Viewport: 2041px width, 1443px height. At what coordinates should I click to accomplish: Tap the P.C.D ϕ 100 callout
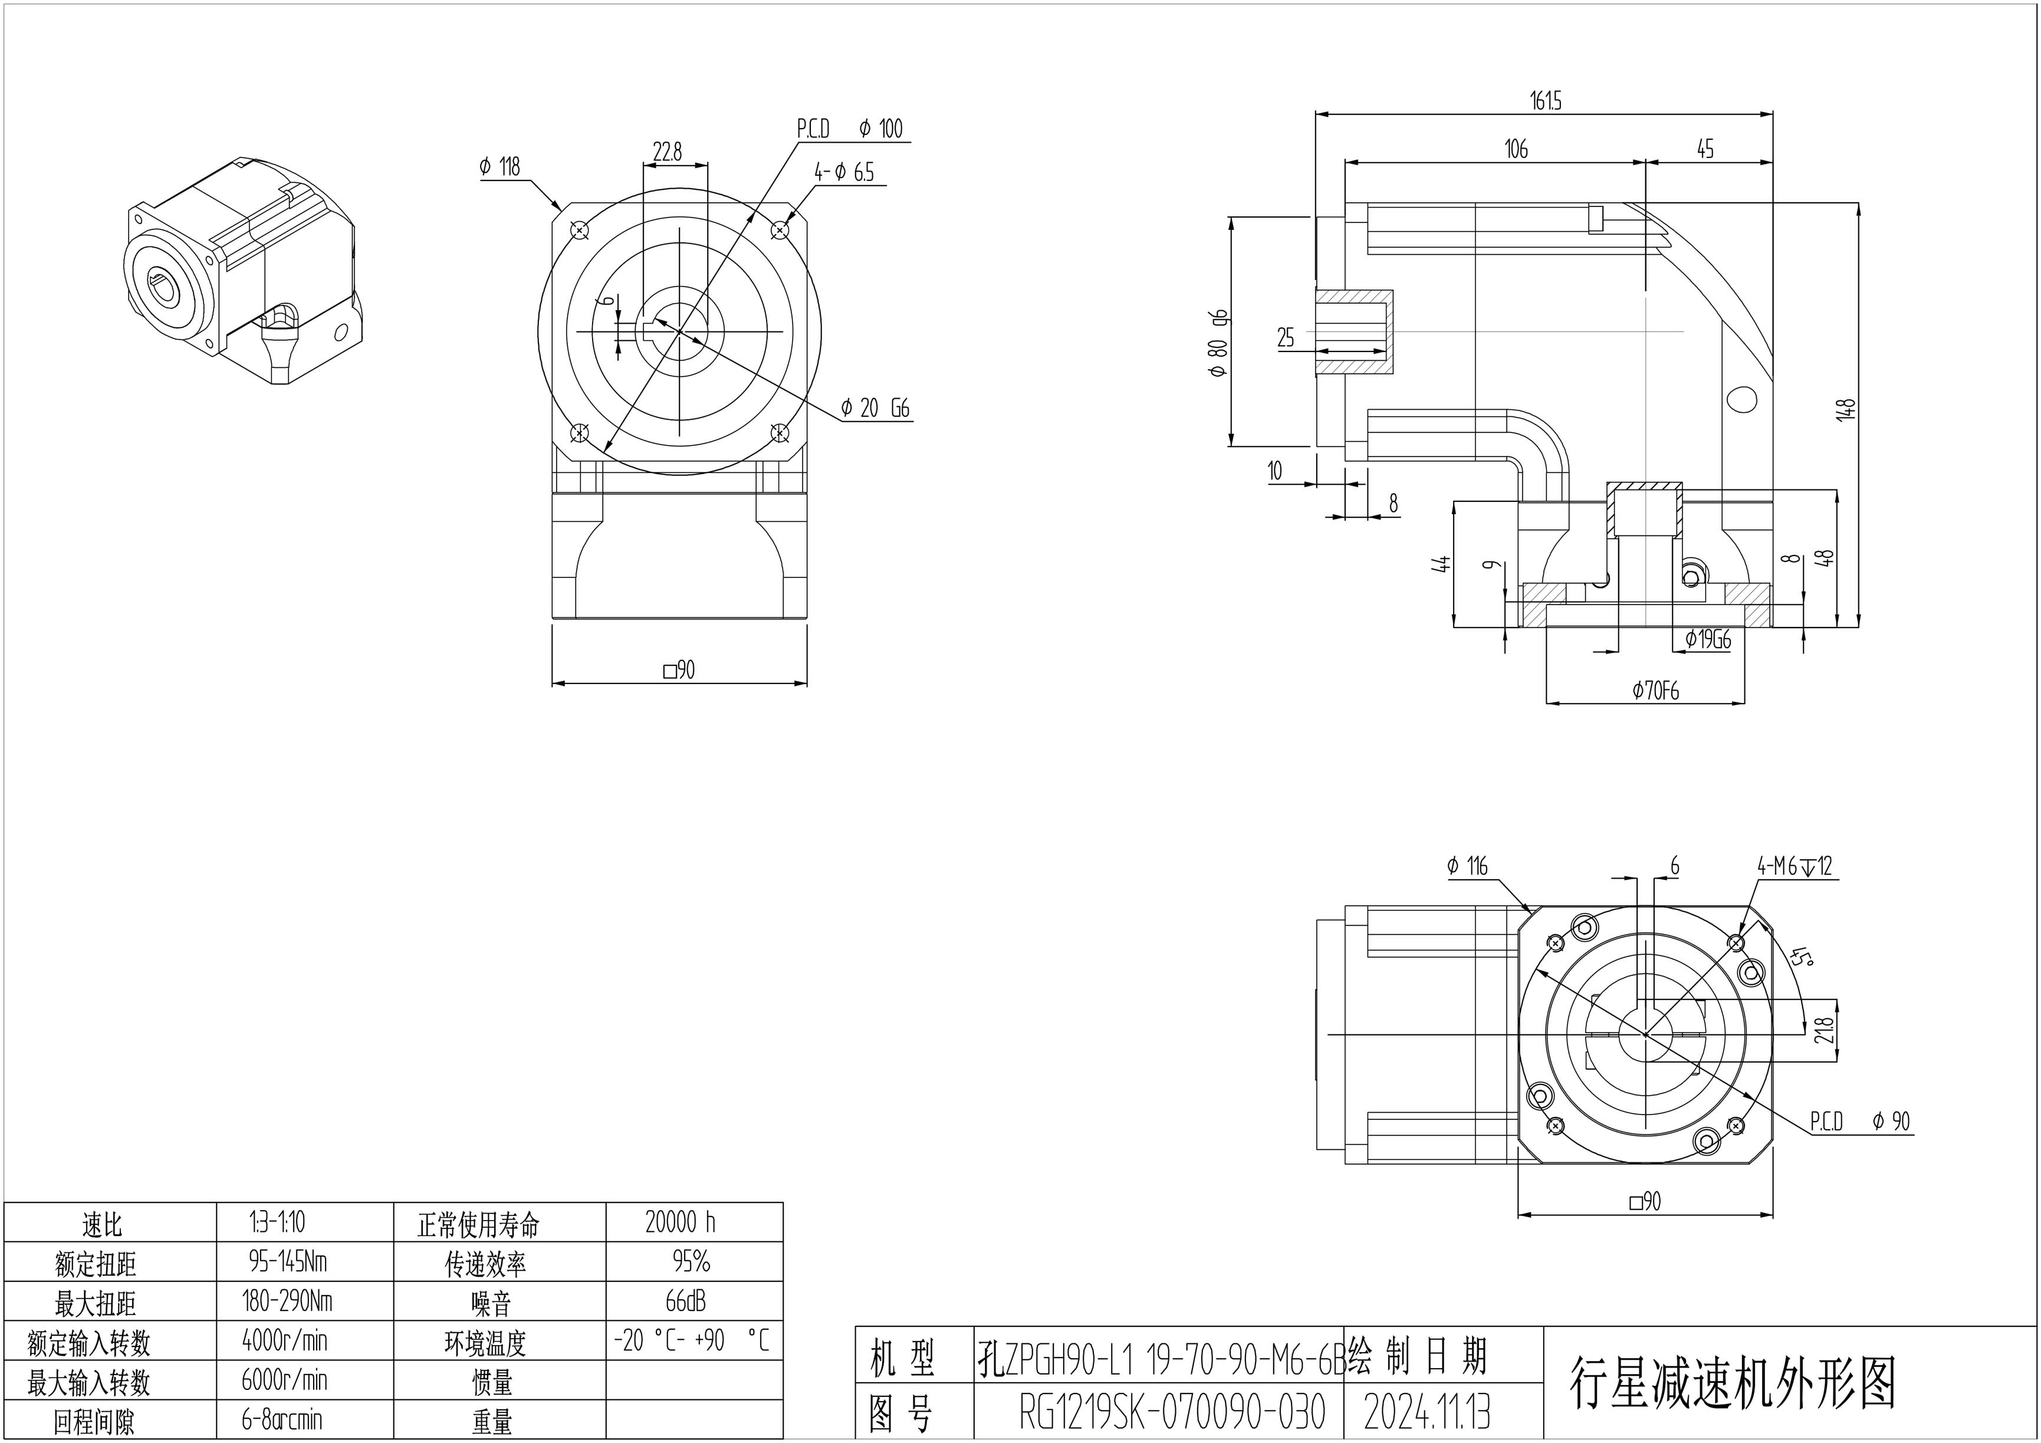pyautogui.click(x=849, y=129)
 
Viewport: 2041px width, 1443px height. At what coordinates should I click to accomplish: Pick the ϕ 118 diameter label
pyautogui.click(x=499, y=166)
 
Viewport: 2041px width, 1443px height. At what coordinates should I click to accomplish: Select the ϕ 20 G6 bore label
pyautogui.click(x=876, y=408)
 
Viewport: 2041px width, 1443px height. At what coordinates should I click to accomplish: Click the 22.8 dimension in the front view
pyautogui.click(x=667, y=152)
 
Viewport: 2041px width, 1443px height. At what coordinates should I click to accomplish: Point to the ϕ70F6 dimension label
pyautogui.click(x=1655, y=690)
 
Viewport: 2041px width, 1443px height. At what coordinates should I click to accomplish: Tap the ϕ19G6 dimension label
pyautogui.click(x=1708, y=639)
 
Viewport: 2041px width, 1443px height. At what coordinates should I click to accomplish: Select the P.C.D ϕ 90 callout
pyautogui.click(x=1859, y=1122)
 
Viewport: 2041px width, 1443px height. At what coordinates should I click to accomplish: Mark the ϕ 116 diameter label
pyautogui.click(x=1467, y=866)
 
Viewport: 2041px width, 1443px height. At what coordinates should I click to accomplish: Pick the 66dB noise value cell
pyautogui.click(x=685, y=1301)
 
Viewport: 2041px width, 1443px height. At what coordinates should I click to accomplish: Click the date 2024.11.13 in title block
pyautogui.click(x=1427, y=1412)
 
